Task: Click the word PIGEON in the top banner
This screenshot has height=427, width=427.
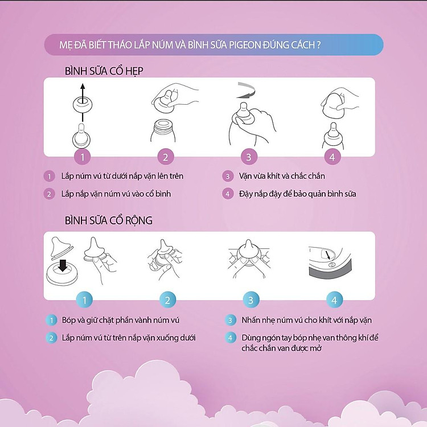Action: coord(245,45)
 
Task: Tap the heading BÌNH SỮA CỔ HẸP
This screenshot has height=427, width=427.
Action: coord(104,71)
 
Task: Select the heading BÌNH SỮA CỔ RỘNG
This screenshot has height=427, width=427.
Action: coord(108,220)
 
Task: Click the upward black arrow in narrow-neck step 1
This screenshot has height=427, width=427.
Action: coord(83,102)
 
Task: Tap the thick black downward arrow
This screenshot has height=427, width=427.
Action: coord(63,265)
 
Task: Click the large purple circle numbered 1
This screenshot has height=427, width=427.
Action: coord(83,157)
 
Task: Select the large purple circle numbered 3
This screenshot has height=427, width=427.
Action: coord(249,157)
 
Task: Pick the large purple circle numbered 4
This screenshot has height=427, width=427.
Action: coord(332,157)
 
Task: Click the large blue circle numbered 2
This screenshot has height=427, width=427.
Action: coord(167,300)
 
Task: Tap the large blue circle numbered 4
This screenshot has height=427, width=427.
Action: coord(334,300)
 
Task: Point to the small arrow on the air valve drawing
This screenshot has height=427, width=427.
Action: coord(328,256)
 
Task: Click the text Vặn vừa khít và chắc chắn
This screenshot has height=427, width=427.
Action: coord(282,176)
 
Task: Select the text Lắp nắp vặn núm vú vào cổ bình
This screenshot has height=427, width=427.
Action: coord(116,194)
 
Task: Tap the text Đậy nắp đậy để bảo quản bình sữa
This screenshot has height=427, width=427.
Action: coord(298,194)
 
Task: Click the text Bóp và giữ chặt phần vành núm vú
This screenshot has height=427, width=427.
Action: coord(120,320)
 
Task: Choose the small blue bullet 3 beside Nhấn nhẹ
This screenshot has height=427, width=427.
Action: coord(230,320)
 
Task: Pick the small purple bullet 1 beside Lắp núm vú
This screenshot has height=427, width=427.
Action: coord(50,176)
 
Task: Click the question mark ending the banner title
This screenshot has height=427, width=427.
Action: coord(319,45)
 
